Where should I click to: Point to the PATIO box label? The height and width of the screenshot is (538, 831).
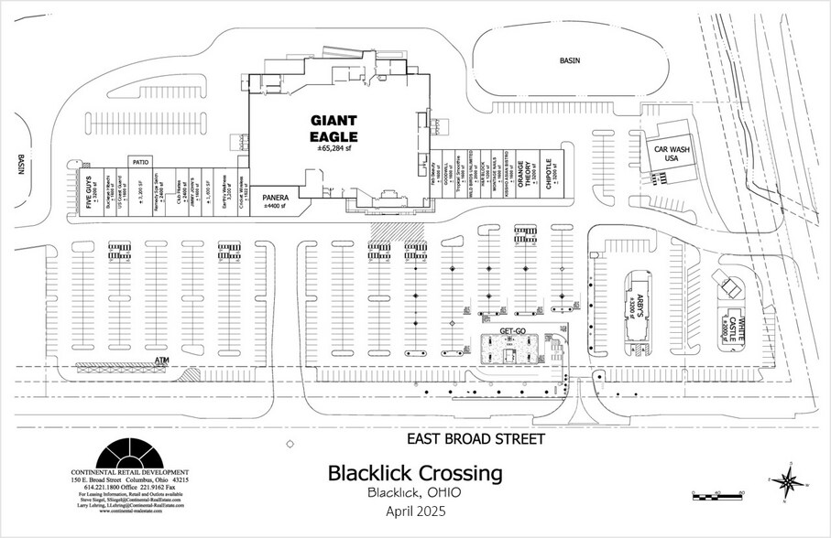141,160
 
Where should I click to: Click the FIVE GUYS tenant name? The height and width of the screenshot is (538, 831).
89,192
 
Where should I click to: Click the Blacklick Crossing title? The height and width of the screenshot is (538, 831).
415,474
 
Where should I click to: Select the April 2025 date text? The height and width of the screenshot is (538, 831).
414,514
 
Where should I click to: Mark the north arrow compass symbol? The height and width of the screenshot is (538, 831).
790,482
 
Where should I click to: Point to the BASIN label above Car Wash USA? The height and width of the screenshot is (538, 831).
571,60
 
